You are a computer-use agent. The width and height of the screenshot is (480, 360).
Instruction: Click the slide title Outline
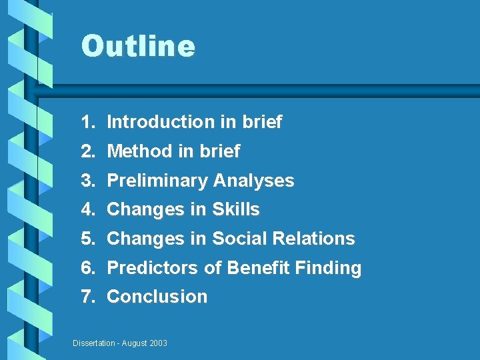(x=138, y=47)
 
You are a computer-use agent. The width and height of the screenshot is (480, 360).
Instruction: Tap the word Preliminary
(x=157, y=181)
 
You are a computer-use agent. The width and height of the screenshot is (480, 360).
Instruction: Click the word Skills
(x=235, y=209)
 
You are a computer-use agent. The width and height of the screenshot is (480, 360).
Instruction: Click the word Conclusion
(x=157, y=297)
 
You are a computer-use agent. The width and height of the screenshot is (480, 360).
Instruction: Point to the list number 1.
(x=86, y=122)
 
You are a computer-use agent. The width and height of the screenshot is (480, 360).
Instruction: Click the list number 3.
(x=86, y=181)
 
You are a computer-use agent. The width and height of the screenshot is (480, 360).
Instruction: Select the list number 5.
(x=86, y=239)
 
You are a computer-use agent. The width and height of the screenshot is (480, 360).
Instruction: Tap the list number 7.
(x=86, y=297)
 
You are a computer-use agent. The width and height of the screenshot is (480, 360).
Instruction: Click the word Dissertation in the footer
(x=93, y=343)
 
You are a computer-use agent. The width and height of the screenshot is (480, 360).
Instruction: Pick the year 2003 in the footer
(x=158, y=343)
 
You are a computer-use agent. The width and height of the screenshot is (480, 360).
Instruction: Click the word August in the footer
(x=133, y=343)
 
